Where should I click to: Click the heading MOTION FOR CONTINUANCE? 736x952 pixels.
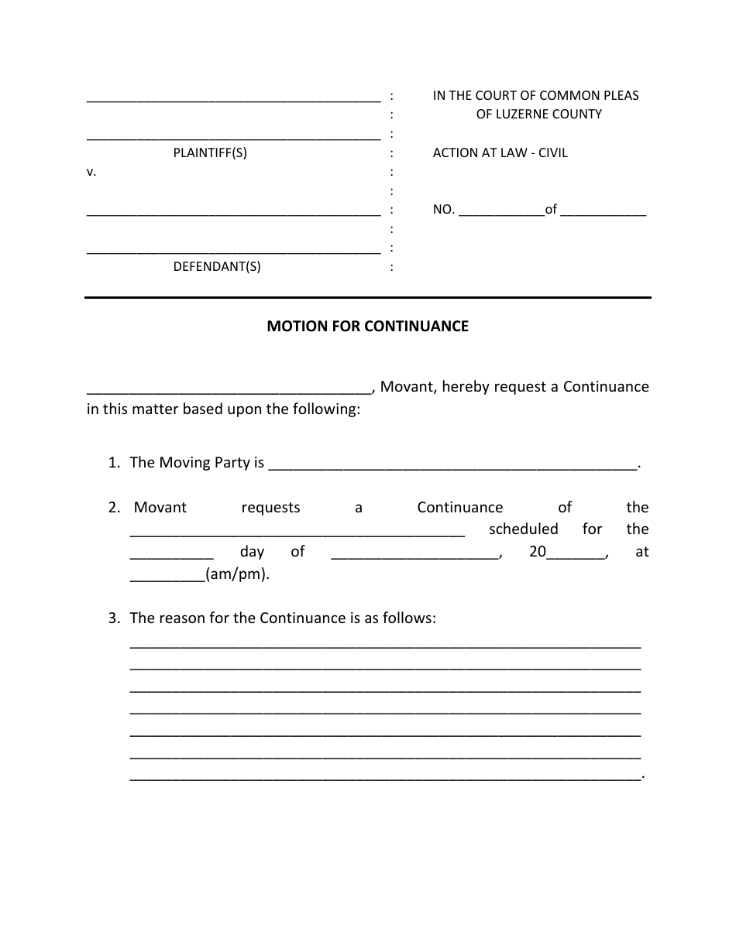[367, 326]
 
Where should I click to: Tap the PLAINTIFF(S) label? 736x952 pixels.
[209, 152]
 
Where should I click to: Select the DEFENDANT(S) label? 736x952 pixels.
[216, 267]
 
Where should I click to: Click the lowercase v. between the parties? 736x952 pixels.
[91, 172]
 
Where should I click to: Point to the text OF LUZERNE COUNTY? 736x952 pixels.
[538, 114]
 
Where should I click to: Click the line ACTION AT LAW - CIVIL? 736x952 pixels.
[500, 152]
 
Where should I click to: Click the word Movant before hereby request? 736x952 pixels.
[407, 386]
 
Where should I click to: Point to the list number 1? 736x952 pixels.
[114, 463]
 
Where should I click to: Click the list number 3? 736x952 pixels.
[114, 618]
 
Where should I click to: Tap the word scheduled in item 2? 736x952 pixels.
[523, 529]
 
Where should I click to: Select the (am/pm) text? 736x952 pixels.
[237, 574]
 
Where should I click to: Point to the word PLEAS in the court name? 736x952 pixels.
[620, 95]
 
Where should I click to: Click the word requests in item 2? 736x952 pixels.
[270, 508]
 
